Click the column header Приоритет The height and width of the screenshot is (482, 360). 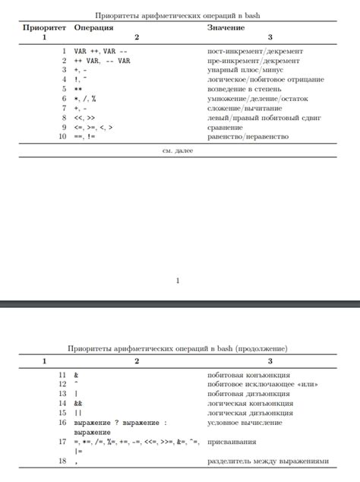[x=45, y=27]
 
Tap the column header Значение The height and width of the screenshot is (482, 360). [x=226, y=27]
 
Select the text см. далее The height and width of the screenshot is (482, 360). [x=178, y=151]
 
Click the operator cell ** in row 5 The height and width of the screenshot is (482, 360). [x=77, y=89]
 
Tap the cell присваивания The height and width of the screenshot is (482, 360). [x=231, y=442]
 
